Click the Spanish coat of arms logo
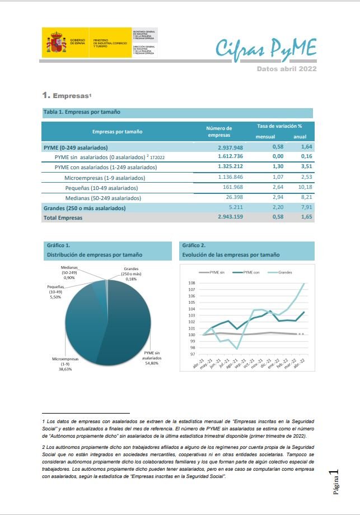coord(55,43)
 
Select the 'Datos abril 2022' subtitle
coord(287,69)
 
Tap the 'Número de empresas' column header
coord(219,132)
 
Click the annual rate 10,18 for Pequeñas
coord(303,187)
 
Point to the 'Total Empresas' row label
coord(63,218)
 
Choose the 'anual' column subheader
coord(300,137)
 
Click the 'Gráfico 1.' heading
coord(58,245)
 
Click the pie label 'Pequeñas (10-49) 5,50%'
coord(55,291)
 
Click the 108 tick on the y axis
coord(191,283)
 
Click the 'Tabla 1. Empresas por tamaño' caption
coord(82,112)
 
